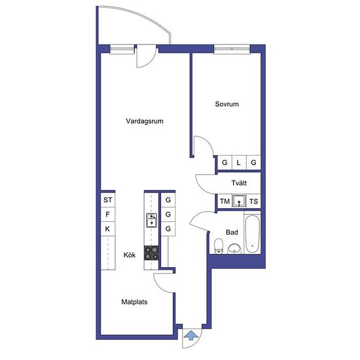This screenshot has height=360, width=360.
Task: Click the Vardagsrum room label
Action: click(x=145, y=121)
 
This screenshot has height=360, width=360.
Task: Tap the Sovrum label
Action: click(x=227, y=104)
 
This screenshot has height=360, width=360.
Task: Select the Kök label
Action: click(x=130, y=255)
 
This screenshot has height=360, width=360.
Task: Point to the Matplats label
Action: click(x=134, y=302)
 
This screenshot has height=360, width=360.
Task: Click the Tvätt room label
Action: click(x=239, y=183)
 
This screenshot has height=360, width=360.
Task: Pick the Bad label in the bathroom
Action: click(x=232, y=232)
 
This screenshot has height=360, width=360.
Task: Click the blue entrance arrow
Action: click(x=191, y=335)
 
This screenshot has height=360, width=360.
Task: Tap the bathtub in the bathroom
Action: click(x=252, y=234)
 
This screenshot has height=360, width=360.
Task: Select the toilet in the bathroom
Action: click(x=219, y=246)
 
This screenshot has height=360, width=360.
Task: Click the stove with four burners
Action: click(x=151, y=253)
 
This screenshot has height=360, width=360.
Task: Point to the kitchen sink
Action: click(x=152, y=220)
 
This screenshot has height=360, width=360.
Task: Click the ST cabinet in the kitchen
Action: click(x=108, y=200)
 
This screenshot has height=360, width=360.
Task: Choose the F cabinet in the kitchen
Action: click(x=108, y=215)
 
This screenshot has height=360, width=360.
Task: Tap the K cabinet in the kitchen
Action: click(x=108, y=229)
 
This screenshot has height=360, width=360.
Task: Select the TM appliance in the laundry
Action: click(x=225, y=202)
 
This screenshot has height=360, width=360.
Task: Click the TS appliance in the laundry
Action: click(x=253, y=202)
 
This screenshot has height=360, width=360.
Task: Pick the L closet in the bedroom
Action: click(x=239, y=162)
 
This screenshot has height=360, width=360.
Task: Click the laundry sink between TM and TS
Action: click(x=239, y=202)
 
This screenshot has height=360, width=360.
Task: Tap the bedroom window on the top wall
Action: click(x=232, y=49)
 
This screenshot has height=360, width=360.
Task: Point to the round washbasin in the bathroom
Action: click(x=234, y=249)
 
